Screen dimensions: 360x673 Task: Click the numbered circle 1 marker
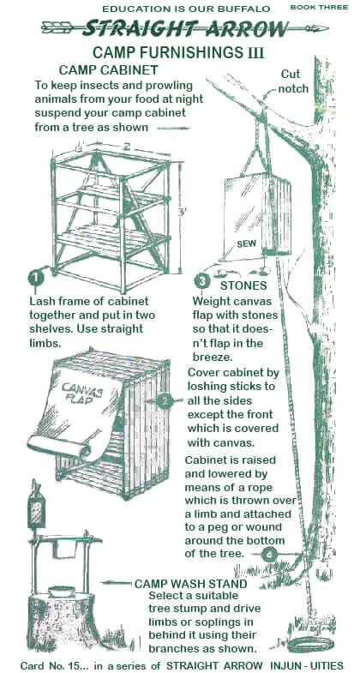tap(36, 278)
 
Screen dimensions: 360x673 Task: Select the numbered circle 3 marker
tap(201, 282)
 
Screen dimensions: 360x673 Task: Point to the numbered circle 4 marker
tap(269, 555)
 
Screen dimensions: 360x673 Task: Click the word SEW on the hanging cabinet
tap(246, 244)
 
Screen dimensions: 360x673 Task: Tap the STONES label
tap(243, 285)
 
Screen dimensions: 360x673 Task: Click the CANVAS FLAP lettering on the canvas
tap(81, 392)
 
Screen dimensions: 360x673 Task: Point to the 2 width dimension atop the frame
tap(127, 146)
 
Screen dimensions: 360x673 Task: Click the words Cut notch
tap(294, 81)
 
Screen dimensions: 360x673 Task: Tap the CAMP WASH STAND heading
tap(191, 584)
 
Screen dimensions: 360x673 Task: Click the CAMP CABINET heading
tap(109, 69)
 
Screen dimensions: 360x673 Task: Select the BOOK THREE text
tap(319, 7)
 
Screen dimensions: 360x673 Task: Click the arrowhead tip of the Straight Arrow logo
tap(328, 28)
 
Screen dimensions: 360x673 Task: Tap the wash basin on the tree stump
tap(62, 592)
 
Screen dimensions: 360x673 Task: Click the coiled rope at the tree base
tap(311, 645)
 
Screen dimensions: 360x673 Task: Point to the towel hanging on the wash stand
tap(65, 550)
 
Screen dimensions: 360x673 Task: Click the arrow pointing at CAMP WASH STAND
tap(116, 583)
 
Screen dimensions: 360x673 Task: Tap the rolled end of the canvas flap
tap(59, 446)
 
